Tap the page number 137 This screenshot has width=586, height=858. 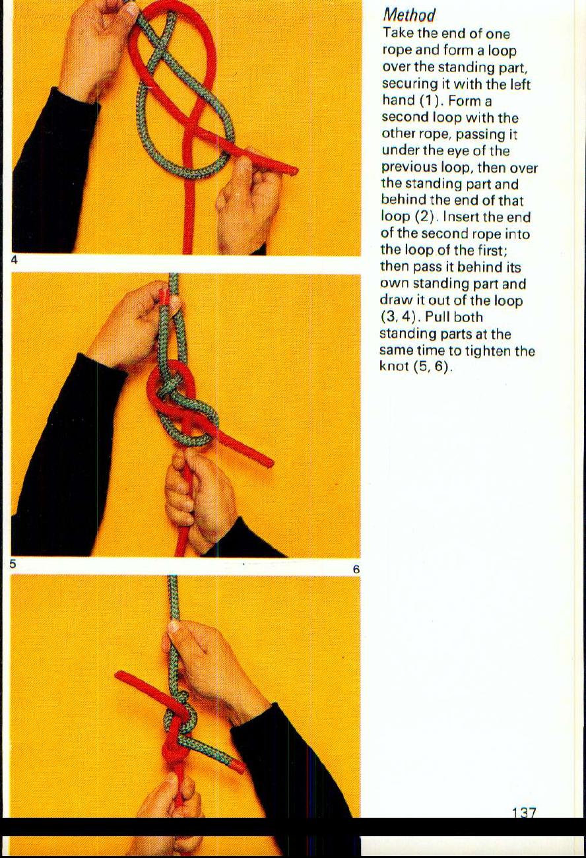pyautogui.click(x=523, y=813)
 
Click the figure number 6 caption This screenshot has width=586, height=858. pyautogui.click(x=355, y=569)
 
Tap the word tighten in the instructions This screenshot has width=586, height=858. pyautogui.click(x=488, y=350)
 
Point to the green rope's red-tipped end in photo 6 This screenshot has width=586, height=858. pyautogui.click(x=237, y=766)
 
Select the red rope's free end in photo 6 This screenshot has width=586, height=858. pyautogui.click(x=123, y=676)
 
